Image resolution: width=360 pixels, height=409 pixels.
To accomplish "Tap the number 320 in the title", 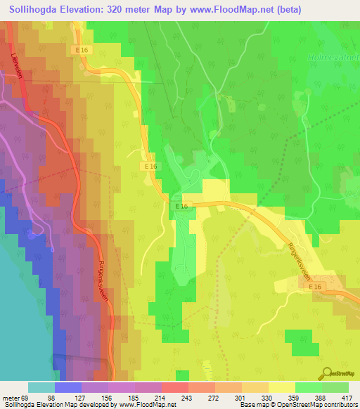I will (129, 10).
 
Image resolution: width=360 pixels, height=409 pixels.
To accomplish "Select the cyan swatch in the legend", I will (41, 388).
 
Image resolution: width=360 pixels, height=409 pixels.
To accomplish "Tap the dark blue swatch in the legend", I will (68, 388).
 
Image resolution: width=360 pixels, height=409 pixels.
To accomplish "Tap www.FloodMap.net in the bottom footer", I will (145, 405).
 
